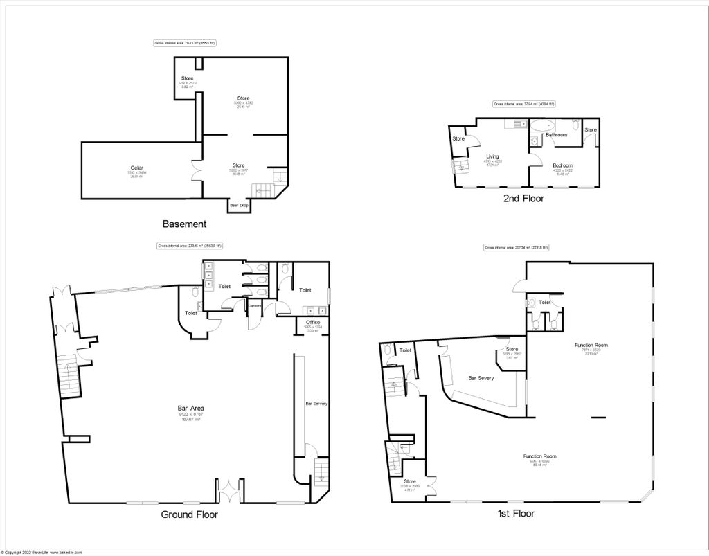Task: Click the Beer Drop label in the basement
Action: (x=239, y=205)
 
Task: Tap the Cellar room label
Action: (x=136, y=168)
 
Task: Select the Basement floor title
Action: (x=184, y=224)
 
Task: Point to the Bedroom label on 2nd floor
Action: (x=562, y=165)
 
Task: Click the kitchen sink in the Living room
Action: (x=515, y=124)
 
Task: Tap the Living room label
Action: (x=492, y=156)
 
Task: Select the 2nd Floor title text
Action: (x=523, y=199)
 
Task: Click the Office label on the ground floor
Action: (x=313, y=323)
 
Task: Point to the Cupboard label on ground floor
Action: (x=255, y=306)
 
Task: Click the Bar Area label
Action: (x=190, y=409)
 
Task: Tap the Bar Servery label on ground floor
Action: (x=316, y=403)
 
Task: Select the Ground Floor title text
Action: (x=189, y=514)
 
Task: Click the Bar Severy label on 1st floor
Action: (x=481, y=378)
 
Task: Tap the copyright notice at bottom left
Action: (x=42, y=553)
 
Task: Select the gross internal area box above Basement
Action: (x=185, y=44)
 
